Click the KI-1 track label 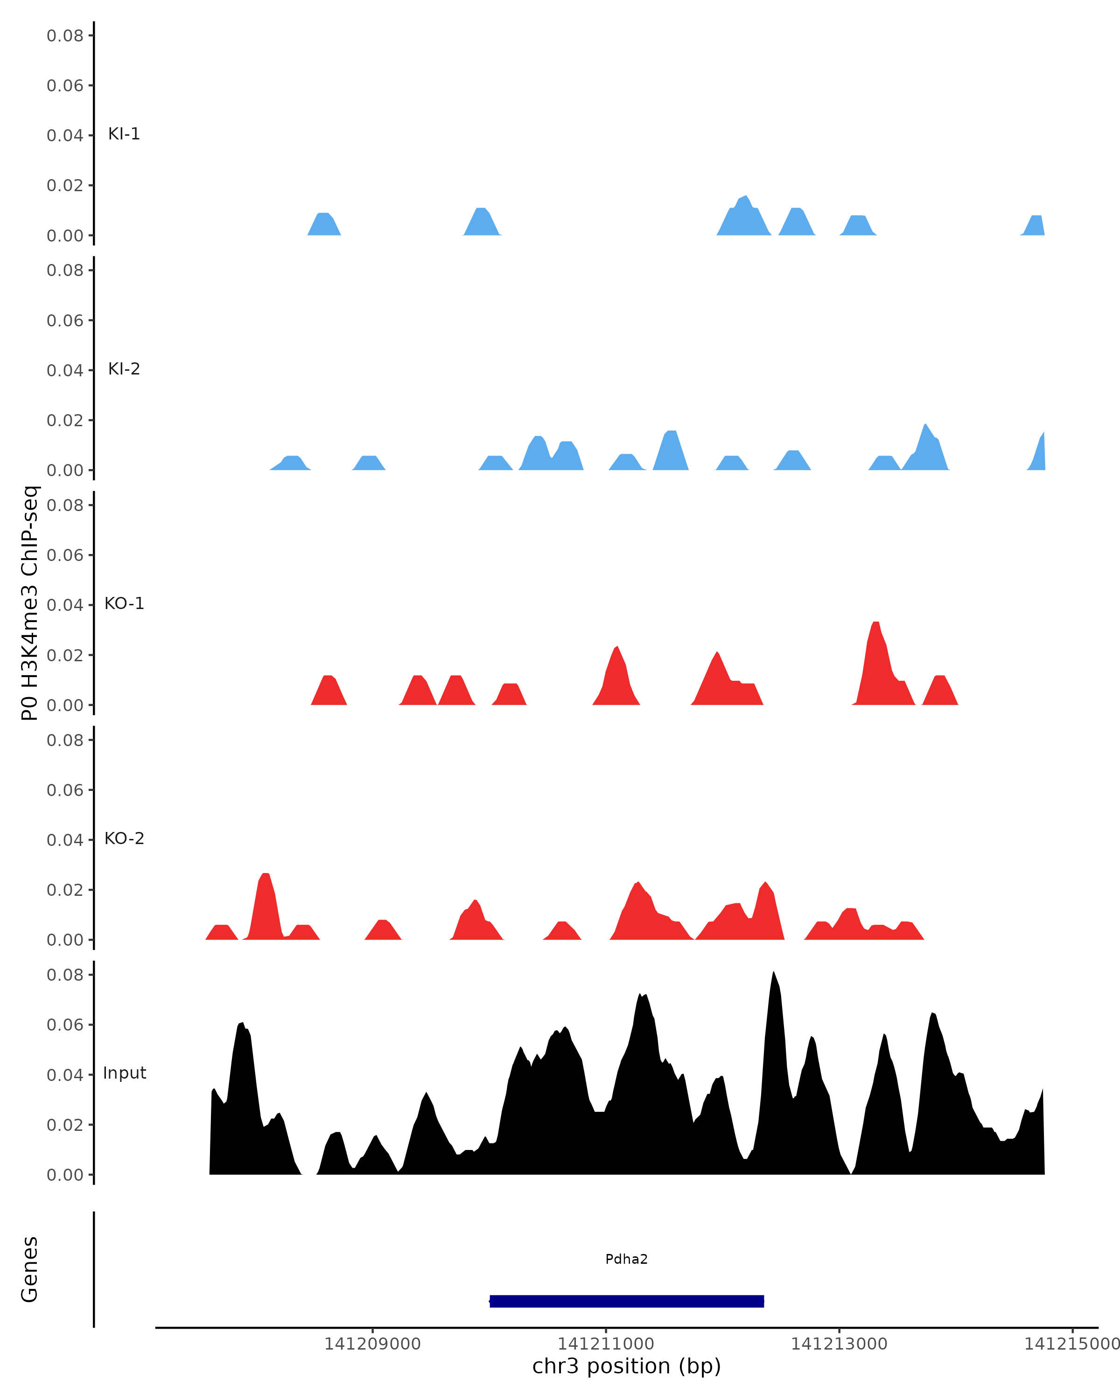[124, 134]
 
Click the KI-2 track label [124, 369]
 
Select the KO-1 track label [124, 603]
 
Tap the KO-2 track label [124, 838]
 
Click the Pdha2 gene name [626, 1260]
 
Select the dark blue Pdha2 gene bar [626, 1301]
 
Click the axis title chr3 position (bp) [626, 1366]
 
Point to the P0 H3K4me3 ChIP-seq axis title [30, 603]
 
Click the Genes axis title [30, 1269]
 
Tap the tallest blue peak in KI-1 [746, 198]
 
